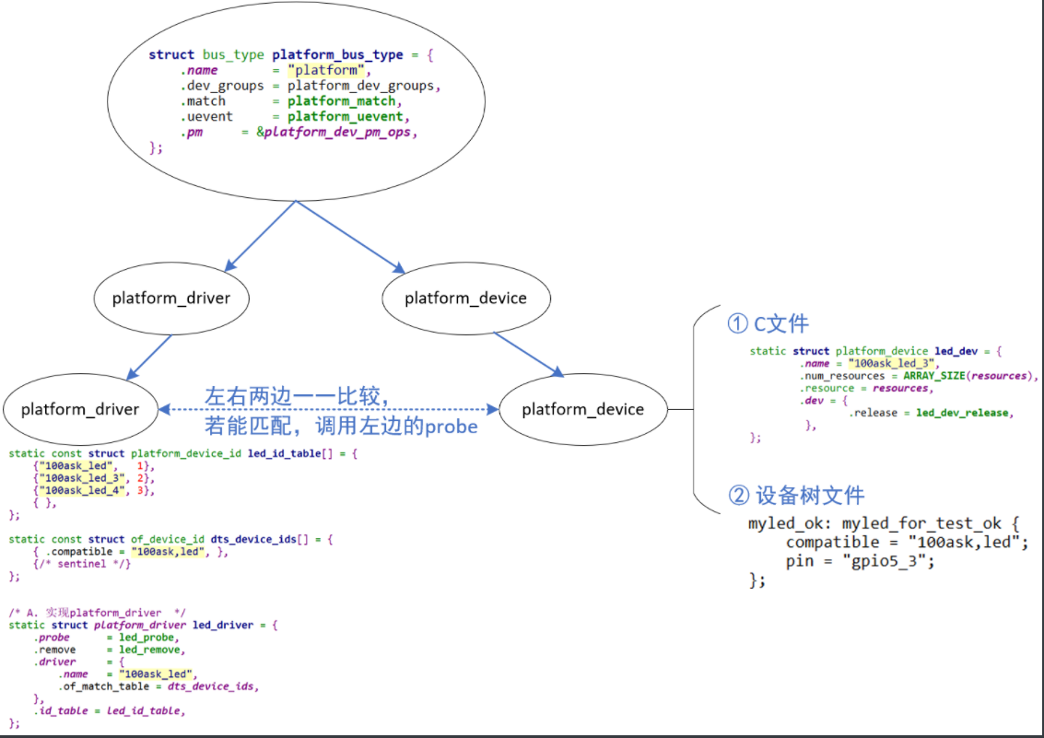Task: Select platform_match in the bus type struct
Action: tap(341, 101)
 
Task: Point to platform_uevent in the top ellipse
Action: tap(345, 117)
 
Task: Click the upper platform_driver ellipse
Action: tap(170, 298)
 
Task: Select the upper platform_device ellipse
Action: tap(465, 298)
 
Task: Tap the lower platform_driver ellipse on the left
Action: tap(79, 409)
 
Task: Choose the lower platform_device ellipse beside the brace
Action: tap(582, 409)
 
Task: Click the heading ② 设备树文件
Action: tap(796, 495)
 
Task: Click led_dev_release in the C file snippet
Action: tap(965, 413)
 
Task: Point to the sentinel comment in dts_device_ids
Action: tap(83, 564)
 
